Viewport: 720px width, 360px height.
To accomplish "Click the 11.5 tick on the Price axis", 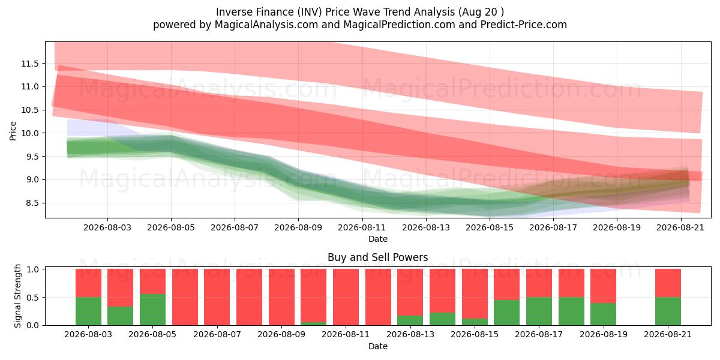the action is coord(29,64).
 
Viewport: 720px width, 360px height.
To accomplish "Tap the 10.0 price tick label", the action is coord(29,133).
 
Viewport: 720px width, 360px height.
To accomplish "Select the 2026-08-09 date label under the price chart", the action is coord(298,227).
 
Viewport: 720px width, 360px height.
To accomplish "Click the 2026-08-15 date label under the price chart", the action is coord(490,227).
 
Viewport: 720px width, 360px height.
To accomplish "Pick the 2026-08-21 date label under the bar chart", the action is coord(668,334).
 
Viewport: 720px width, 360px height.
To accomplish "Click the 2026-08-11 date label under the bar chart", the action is coord(346,334).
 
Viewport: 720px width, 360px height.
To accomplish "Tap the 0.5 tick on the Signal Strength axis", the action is coord(32,298).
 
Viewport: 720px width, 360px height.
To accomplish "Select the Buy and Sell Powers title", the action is coord(377,257).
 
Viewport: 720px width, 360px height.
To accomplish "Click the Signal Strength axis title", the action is coord(17,296).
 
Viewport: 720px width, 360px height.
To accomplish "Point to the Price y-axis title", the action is coord(13,131).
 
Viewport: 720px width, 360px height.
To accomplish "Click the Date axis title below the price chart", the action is coord(377,239).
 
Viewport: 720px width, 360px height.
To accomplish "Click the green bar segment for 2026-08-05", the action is coord(152,310).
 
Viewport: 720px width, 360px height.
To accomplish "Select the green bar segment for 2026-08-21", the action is coord(668,311).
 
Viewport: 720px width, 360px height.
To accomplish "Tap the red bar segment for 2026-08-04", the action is coord(120,287).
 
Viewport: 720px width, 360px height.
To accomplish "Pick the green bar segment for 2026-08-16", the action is coord(506,313).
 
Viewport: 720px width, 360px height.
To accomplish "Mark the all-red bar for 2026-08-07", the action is coord(217,297).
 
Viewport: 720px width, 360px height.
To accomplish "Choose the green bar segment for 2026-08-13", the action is coord(410,320).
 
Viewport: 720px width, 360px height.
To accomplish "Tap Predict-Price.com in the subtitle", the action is coord(524,25).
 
